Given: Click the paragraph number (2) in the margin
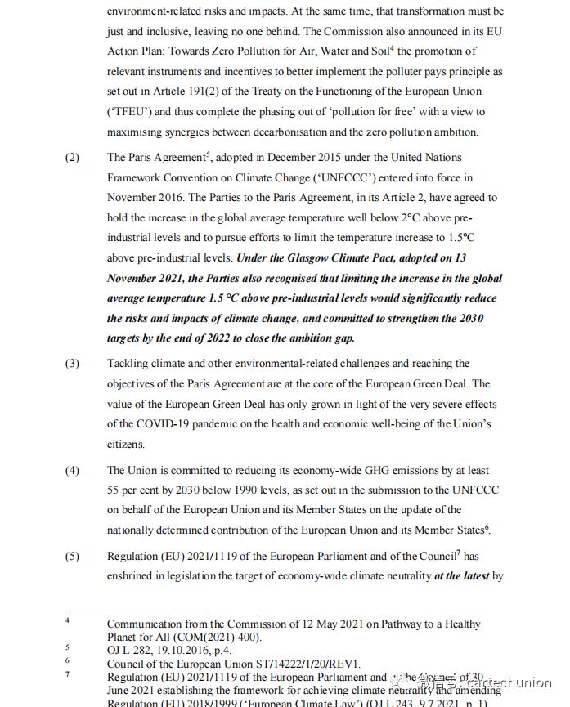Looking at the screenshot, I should coord(73,158).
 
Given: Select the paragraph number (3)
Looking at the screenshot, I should coord(73,364).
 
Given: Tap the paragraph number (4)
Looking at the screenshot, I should coord(73,471).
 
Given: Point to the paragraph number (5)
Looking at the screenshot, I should coord(73,557).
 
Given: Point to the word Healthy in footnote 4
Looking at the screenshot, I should coord(458,624).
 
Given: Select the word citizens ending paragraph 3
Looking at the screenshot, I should coord(125,445).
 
